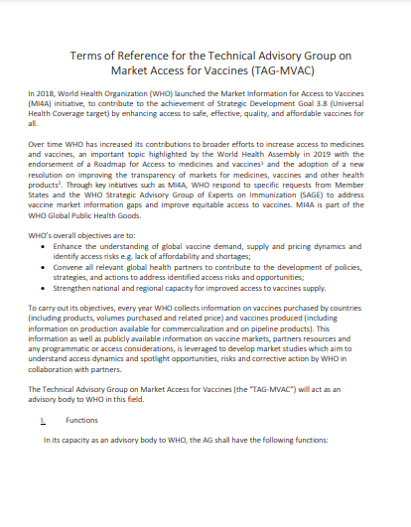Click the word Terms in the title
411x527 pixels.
click(88, 56)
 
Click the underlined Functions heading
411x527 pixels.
click(81, 420)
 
